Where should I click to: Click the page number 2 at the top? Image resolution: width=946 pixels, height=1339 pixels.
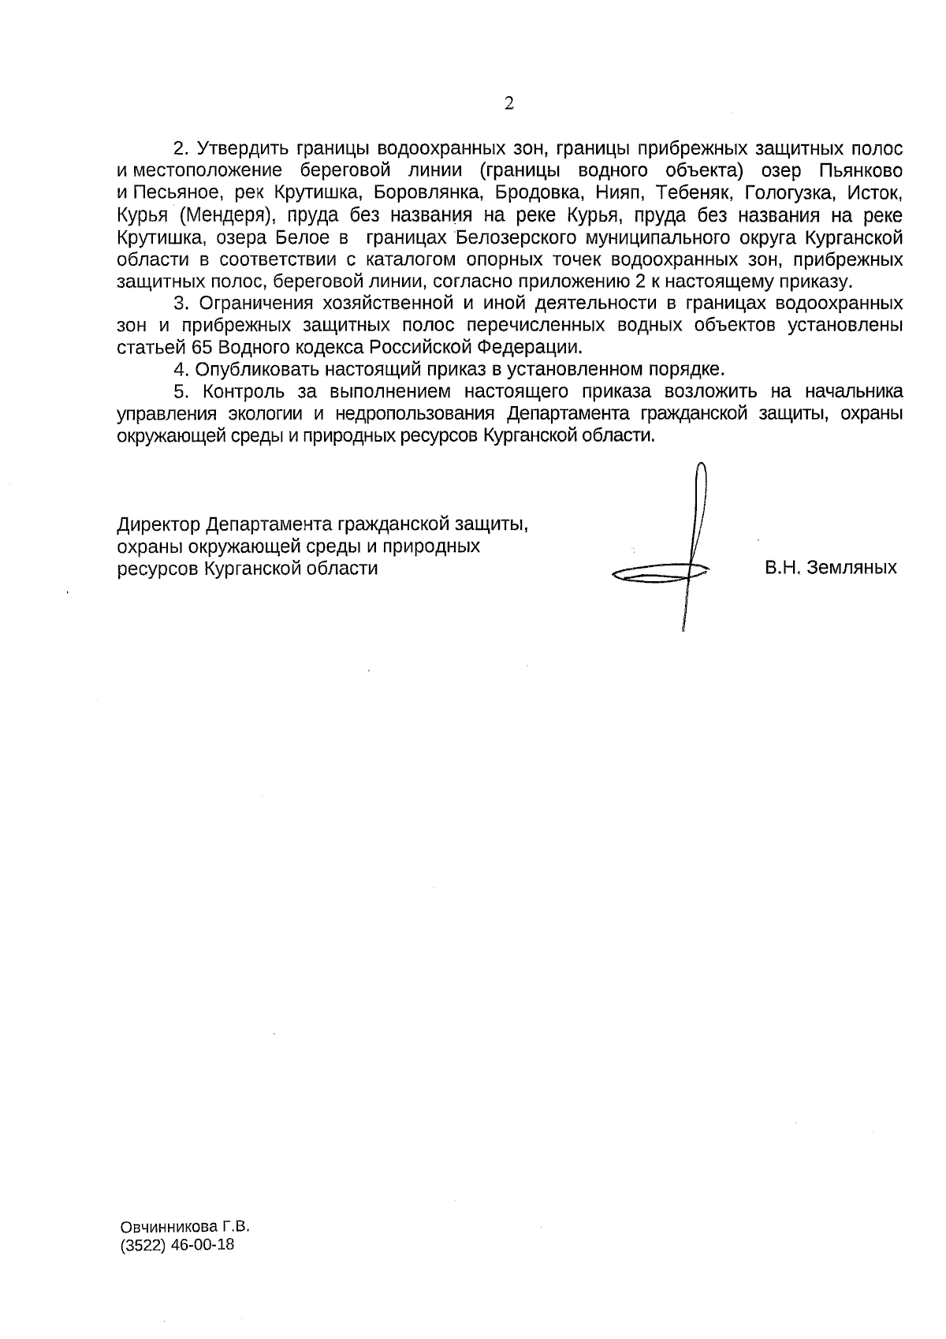click(x=508, y=104)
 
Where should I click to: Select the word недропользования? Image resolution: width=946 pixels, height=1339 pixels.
click(x=419, y=414)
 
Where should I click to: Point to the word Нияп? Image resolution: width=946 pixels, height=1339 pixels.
click(x=616, y=192)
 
